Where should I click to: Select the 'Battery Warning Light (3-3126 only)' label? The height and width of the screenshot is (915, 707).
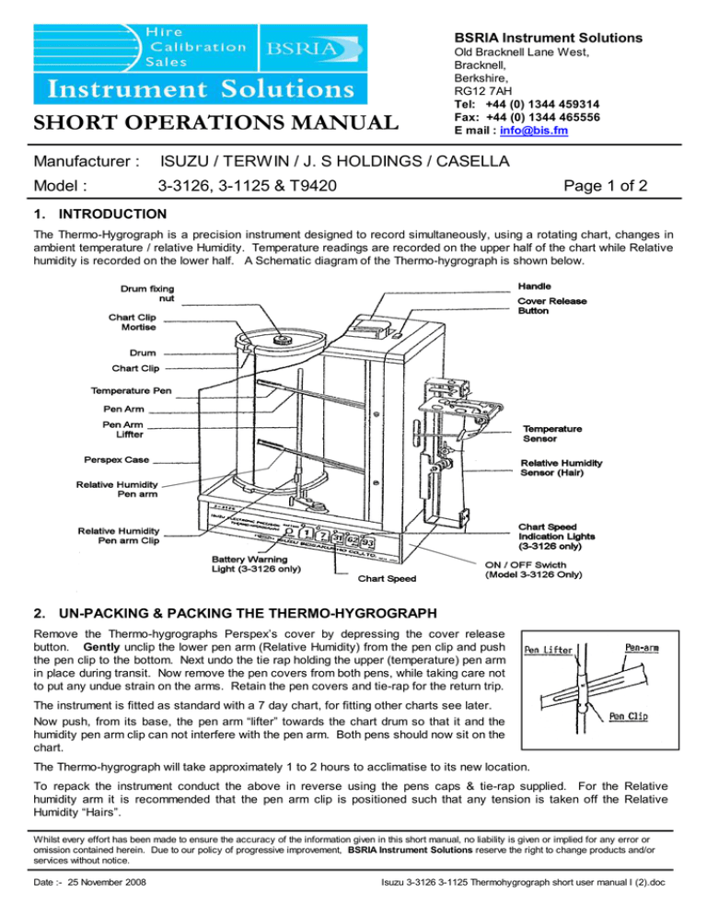pos(261,562)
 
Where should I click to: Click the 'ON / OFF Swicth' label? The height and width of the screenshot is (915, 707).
pos(548,564)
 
